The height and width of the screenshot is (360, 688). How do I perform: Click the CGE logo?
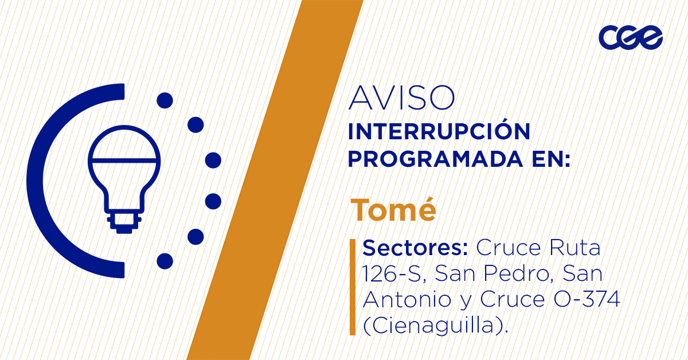pyautogui.click(x=630, y=37)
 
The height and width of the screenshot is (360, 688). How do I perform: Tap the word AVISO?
pyautogui.click(x=401, y=98)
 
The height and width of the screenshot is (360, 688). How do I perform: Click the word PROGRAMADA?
pyautogui.click(x=436, y=159)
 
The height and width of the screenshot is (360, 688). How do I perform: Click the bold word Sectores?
pyautogui.click(x=415, y=248)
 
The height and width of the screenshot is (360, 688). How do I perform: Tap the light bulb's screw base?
pyautogui.click(x=124, y=221)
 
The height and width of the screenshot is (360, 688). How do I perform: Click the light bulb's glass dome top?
pyautogui.click(x=124, y=143)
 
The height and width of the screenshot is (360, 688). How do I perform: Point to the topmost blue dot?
pyautogui.click(x=165, y=100)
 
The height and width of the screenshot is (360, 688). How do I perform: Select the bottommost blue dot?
pyautogui.click(x=165, y=261)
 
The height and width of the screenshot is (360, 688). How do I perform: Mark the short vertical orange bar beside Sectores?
pyautogui.click(x=353, y=287)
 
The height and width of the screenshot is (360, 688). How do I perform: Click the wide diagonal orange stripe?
pyautogui.click(x=275, y=180)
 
